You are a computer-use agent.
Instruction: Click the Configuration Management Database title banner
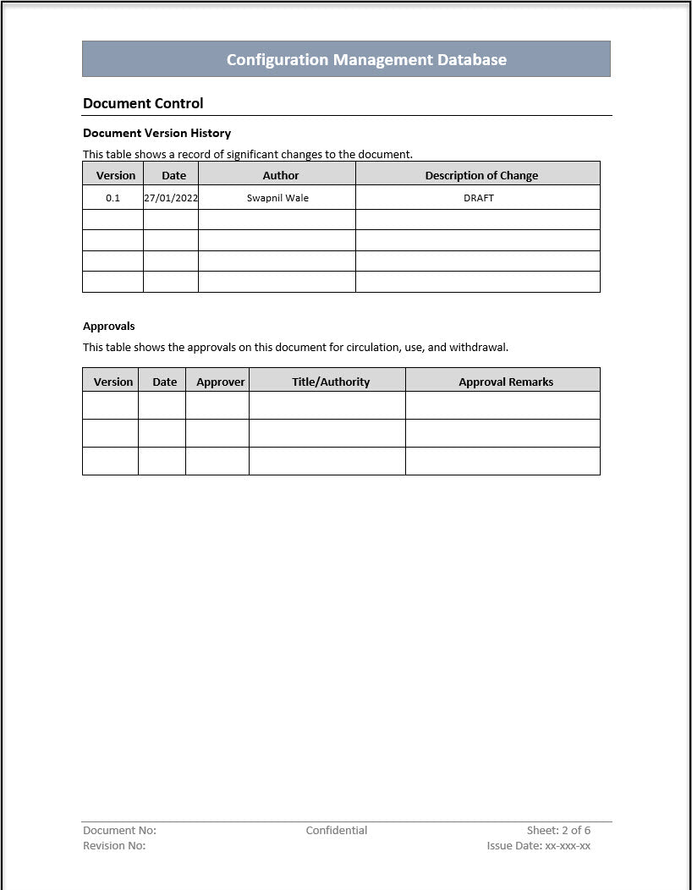[366, 59]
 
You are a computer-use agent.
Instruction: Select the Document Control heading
[143, 103]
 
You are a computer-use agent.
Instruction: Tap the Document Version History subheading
[157, 133]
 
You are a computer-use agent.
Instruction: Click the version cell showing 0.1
[113, 198]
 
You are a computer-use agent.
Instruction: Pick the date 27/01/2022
[171, 198]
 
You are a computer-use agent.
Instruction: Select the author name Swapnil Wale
[277, 198]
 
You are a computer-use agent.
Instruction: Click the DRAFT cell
[479, 198]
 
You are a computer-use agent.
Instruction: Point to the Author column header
[281, 175]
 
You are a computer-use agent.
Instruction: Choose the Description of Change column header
[481, 175]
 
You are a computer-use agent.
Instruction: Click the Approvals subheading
[109, 326]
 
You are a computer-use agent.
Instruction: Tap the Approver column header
[221, 382]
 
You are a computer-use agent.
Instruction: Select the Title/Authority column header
[331, 382]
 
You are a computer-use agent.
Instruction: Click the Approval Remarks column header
[506, 382]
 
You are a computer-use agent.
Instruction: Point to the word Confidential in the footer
[337, 830]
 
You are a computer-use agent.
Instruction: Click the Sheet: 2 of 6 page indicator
[558, 830]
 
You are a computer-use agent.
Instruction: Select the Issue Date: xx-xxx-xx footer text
[538, 845]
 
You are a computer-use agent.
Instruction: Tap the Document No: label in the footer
[119, 830]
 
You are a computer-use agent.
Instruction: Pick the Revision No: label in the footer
[114, 845]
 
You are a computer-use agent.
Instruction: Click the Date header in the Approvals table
[165, 382]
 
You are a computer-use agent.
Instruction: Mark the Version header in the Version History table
[116, 175]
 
